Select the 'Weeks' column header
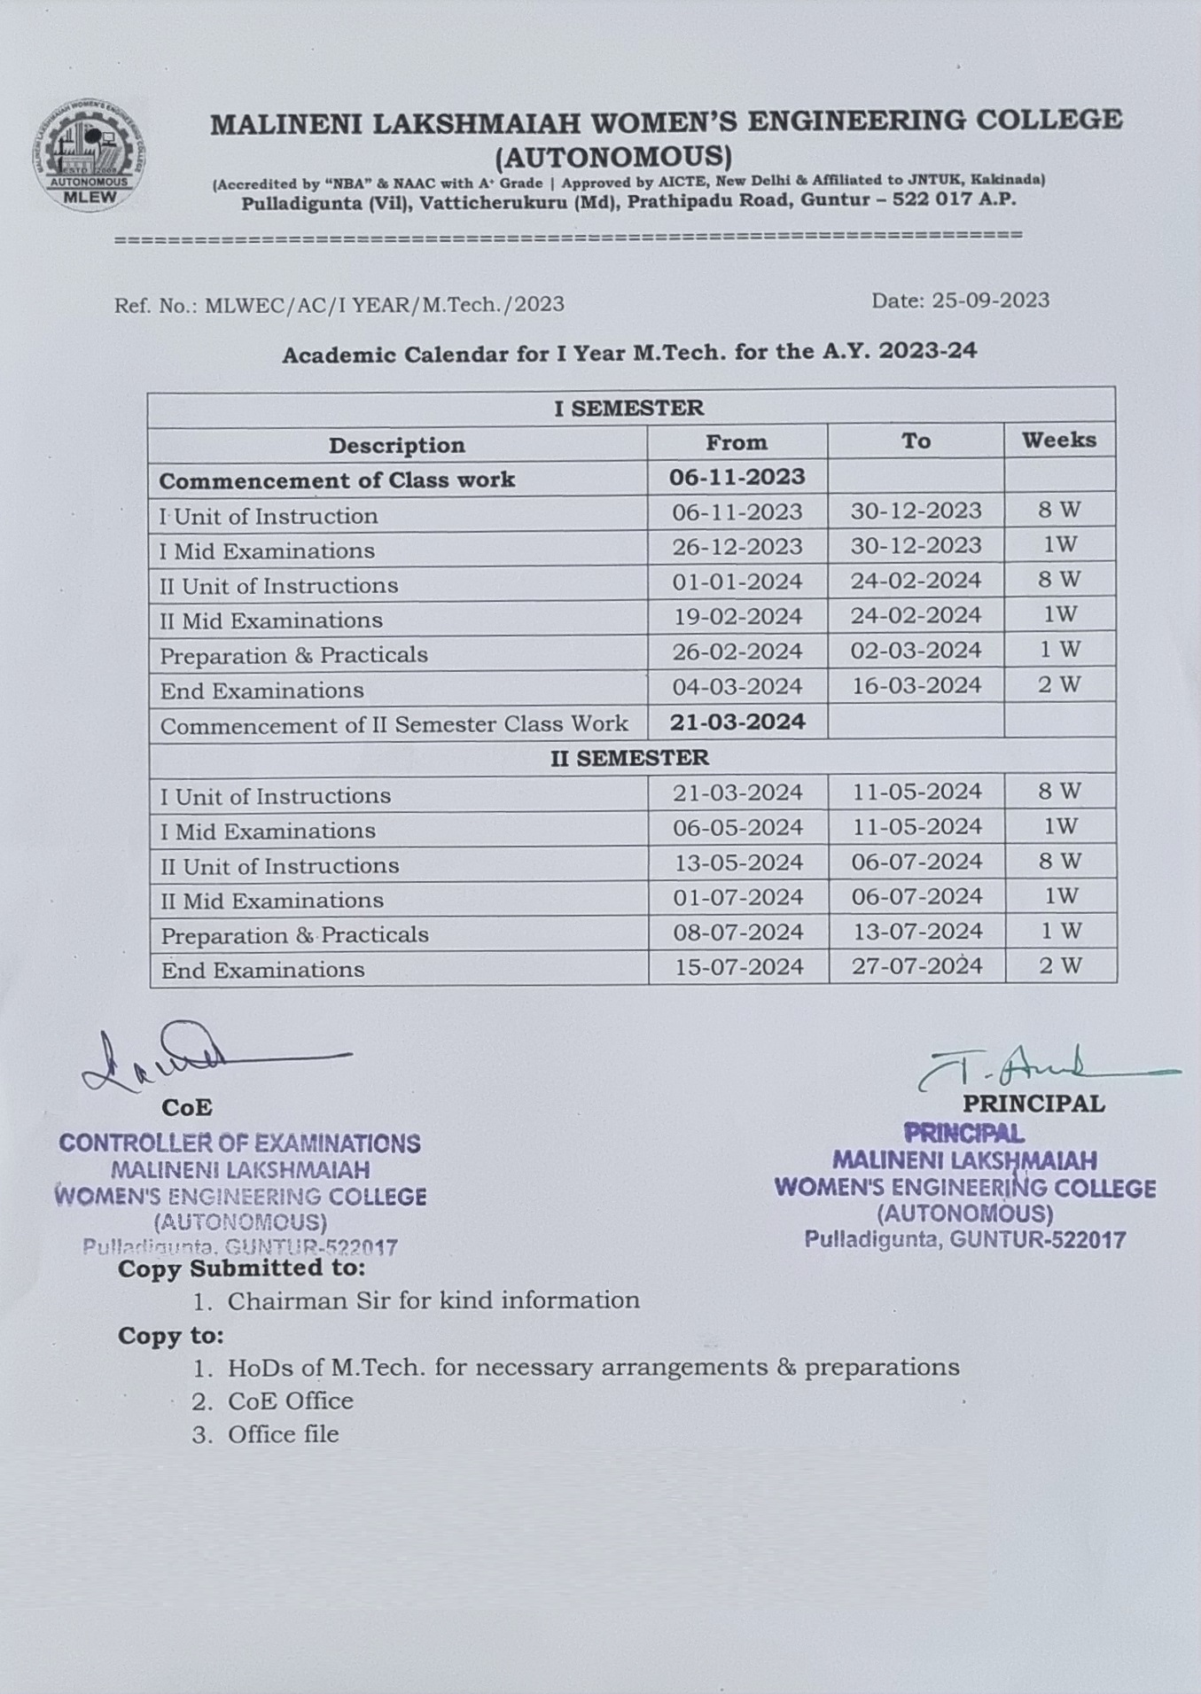(x=1058, y=440)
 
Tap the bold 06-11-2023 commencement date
(x=737, y=477)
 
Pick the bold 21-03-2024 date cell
(x=737, y=722)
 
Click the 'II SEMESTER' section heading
(x=629, y=758)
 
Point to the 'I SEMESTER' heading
(x=628, y=408)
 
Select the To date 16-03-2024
(x=916, y=686)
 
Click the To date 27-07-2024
(x=916, y=965)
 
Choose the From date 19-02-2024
(x=737, y=616)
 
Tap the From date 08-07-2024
(x=737, y=932)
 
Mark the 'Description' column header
(x=396, y=445)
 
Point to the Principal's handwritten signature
(x=1046, y=1067)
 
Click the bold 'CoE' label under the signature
(x=186, y=1107)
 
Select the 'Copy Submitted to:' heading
(x=241, y=1269)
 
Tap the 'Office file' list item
(x=283, y=1434)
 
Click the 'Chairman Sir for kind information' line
(x=433, y=1300)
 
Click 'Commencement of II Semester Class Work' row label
(x=394, y=725)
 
